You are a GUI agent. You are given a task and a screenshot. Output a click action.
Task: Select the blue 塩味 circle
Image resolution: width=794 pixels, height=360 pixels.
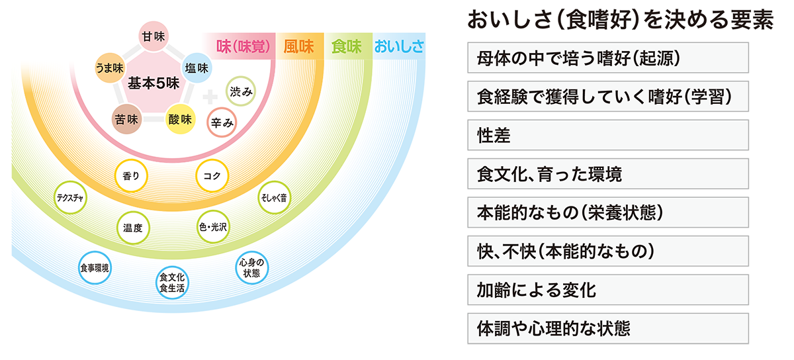pyautogui.click(x=197, y=68)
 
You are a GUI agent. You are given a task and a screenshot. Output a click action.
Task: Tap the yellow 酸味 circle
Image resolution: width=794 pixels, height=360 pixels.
pyautogui.click(x=180, y=120)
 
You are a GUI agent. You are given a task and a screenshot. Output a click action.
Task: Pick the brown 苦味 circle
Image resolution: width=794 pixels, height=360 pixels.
pyautogui.click(x=126, y=120)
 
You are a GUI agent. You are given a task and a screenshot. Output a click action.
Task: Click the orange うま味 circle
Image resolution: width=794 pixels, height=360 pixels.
pyautogui.click(x=110, y=68)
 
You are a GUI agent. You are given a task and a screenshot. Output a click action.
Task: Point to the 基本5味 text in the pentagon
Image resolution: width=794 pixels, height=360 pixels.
pyautogui.click(x=154, y=83)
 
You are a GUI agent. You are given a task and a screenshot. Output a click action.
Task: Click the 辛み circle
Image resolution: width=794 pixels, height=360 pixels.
pyautogui.click(x=222, y=123)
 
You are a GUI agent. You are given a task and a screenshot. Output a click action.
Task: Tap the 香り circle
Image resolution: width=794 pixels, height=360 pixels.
pyautogui.click(x=130, y=175)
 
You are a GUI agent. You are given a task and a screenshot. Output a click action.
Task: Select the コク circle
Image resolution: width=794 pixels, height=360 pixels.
pyautogui.click(x=212, y=175)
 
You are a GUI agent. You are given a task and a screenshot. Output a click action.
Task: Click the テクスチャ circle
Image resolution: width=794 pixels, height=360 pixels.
pyautogui.click(x=70, y=199)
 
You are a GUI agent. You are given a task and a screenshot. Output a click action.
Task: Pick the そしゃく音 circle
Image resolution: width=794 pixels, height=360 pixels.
pyautogui.click(x=272, y=199)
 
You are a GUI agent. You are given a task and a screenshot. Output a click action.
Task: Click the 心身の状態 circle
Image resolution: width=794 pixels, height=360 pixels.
pyautogui.click(x=251, y=268)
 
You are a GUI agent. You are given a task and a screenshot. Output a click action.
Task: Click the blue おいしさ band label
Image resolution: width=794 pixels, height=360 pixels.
pyautogui.click(x=399, y=46)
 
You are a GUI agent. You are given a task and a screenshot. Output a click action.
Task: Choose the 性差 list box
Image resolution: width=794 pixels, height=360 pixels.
pyautogui.click(x=607, y=135)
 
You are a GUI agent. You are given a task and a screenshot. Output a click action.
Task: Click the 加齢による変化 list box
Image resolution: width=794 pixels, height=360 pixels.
pyautogui.click(x=607, y=290)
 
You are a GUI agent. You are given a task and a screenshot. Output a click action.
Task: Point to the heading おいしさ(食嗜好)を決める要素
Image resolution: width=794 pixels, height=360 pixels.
pyautogui.click(x=620, y=21)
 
